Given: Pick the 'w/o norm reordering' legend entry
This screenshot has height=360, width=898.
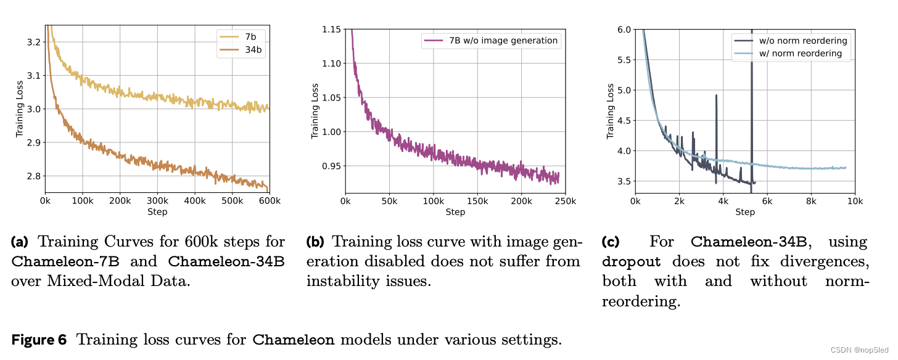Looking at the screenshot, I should (x=802, y=41).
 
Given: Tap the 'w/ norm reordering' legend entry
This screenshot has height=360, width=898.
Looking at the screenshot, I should (x=800, y=54).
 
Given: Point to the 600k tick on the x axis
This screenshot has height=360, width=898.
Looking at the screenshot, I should (x=270, y=201).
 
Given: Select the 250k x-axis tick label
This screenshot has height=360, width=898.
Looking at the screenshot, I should (x=566, y=201).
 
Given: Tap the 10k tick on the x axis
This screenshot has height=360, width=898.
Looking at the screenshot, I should (x=855, y=201).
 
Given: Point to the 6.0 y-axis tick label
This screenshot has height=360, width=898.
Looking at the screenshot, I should (x=624, y=29).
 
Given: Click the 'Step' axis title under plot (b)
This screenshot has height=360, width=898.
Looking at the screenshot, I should (x=455, y=212).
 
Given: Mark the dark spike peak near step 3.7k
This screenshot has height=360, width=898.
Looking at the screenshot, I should (x=716, y=96).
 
